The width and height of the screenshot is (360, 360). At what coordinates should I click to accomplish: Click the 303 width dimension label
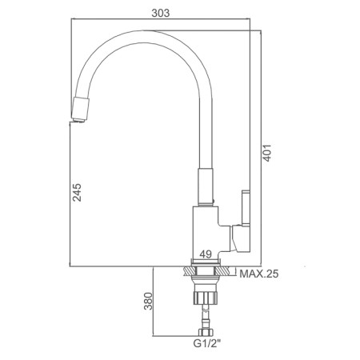pyautogui.click(x=161, y=13)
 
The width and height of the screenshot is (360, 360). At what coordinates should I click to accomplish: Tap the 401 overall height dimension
pyautogui.click(x=267, y=153)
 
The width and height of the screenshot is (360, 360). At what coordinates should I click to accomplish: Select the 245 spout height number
pyautogui.click(x=78, y=192)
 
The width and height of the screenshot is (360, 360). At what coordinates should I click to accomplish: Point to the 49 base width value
pyautogui.click(x=206, y=254)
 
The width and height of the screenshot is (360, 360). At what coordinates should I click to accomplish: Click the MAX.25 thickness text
pyautogui.click(x=259, y=274)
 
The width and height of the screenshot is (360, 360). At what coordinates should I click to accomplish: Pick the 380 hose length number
pyautogui.click(x=148, y=301)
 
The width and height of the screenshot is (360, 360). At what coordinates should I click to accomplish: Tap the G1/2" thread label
pyautogui.click(x=207, y=343)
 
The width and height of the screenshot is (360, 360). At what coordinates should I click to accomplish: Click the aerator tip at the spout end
pyautogui.click(x=80, y=110)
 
